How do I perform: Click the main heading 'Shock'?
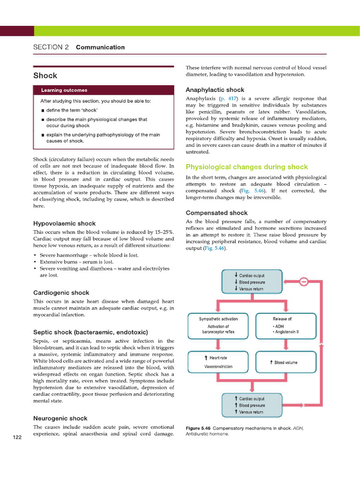45,75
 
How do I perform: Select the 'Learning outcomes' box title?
64,90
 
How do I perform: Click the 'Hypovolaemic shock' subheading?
64,223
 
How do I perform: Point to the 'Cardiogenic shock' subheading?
61,292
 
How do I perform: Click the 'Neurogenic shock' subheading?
60,418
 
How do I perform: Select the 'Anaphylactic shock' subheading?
215,90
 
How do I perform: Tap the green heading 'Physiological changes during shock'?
247,167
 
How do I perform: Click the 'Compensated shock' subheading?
217,213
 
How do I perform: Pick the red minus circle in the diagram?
303,282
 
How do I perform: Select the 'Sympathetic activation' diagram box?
218,325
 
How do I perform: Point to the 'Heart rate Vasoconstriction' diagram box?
218,362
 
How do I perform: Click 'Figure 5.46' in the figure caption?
198,428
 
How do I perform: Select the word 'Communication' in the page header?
100,47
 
